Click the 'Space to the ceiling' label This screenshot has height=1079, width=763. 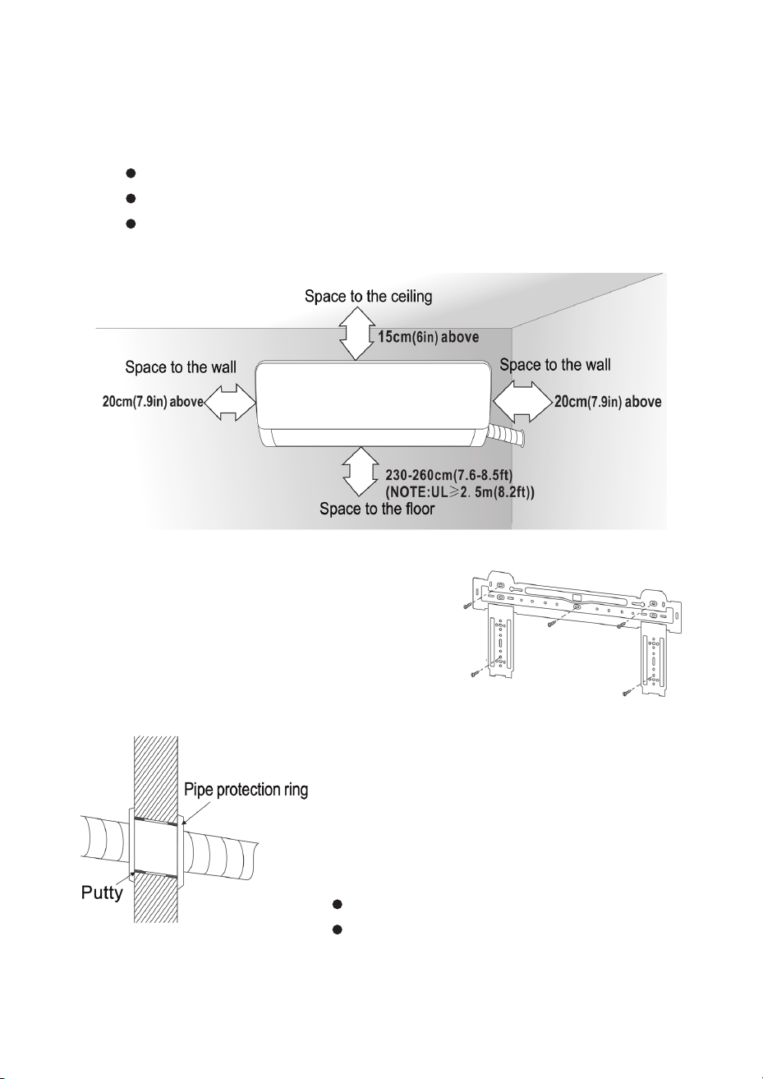point(368,296)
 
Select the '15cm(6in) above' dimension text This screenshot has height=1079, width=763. point(428,337)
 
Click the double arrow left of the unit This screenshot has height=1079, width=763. point(230,403)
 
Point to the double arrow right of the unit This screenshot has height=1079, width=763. point(523,402)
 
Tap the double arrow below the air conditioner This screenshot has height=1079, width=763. point(359,472)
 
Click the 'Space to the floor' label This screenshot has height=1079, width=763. point(377,509)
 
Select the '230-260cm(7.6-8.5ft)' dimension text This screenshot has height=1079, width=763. point(448,475)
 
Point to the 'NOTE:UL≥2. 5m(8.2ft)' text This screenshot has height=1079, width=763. point(460,493)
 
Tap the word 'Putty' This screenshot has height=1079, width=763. point(102,893)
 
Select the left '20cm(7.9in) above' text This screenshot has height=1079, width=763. point(153,402)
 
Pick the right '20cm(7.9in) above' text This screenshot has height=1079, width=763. point(608,401)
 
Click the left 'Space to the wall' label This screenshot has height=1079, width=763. point(181,367)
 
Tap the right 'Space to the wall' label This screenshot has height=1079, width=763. point(555,365)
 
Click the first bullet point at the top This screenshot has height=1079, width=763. point(131,173)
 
